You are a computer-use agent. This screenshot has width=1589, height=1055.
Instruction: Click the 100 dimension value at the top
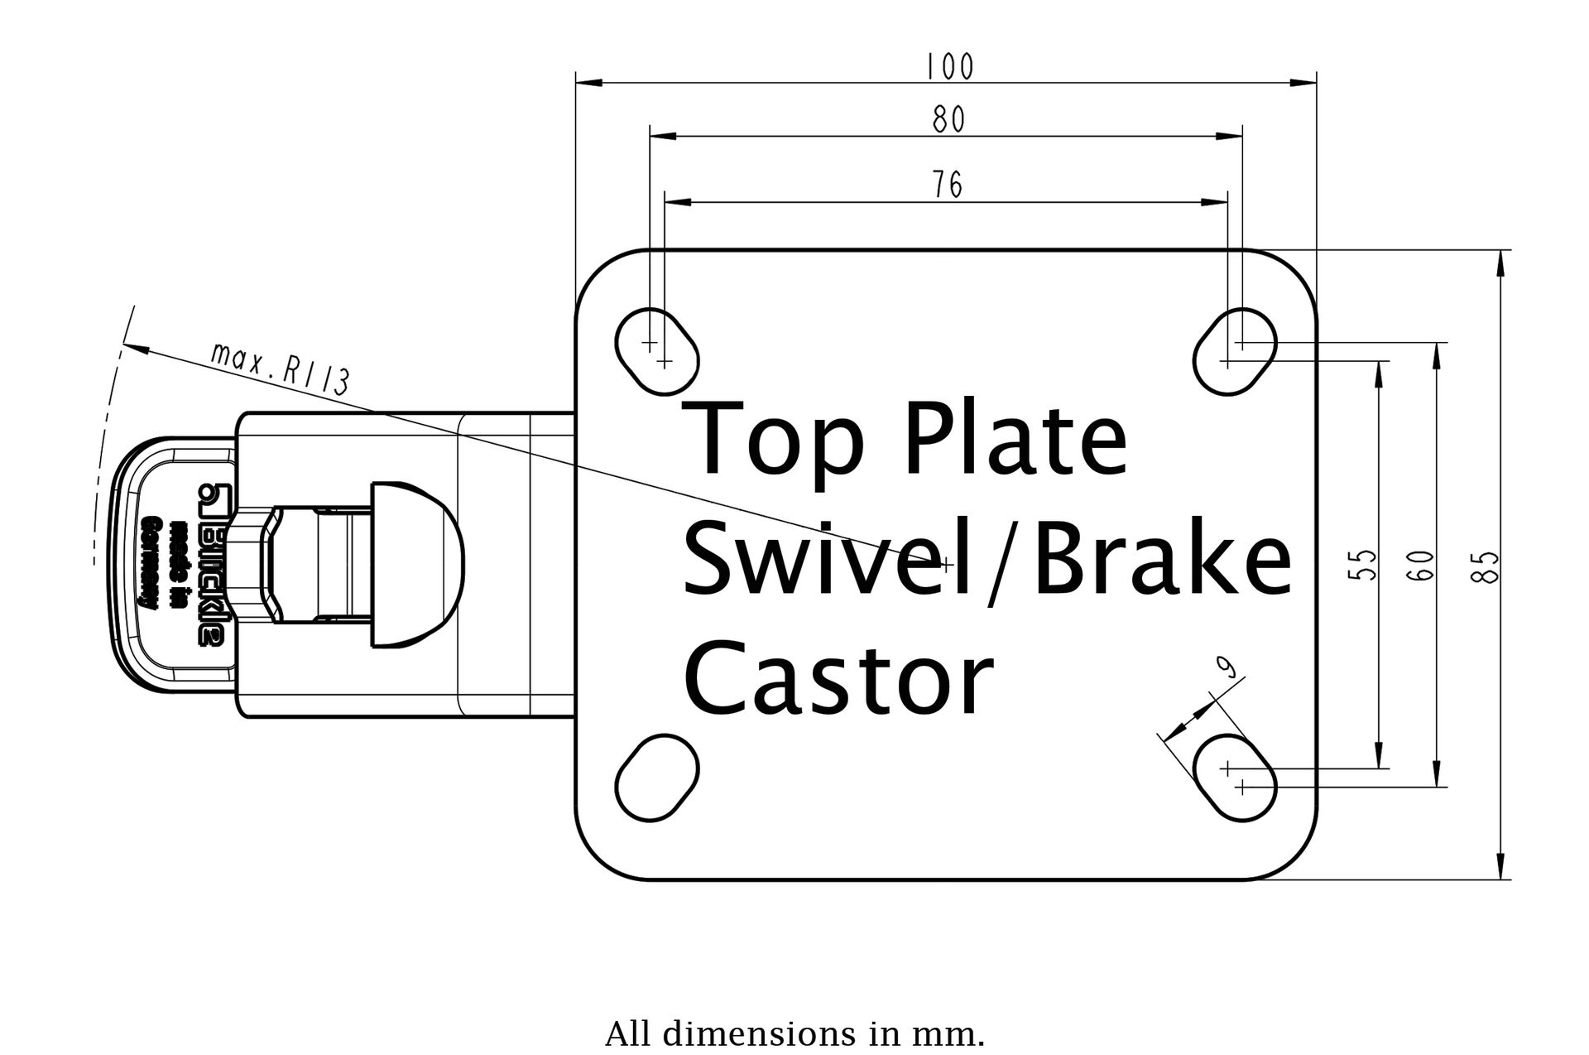click(949, 66)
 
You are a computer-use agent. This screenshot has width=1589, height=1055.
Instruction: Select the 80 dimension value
click(948, 120)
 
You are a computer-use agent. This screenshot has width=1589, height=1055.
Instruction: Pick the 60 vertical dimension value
click(1421, 566)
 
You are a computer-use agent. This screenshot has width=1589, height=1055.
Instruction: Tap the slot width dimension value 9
click(1228, 667)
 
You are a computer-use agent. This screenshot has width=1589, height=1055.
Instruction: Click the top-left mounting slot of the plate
click(657, 351)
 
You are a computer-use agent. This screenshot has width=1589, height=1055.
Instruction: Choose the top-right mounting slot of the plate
click(1235, 351)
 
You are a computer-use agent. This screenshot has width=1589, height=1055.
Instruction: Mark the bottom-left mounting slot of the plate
click(657, 778)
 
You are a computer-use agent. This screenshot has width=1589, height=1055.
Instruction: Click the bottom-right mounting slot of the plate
click(1235, 778)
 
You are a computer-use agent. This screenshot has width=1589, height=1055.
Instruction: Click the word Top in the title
click(774, 440)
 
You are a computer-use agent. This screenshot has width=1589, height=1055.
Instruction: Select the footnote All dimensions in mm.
click(794, 1034)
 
